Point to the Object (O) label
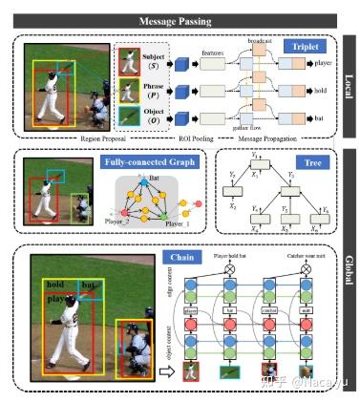click(153, 112)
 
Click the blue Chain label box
click(180, 257)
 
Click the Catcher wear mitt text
click(302, 256)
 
